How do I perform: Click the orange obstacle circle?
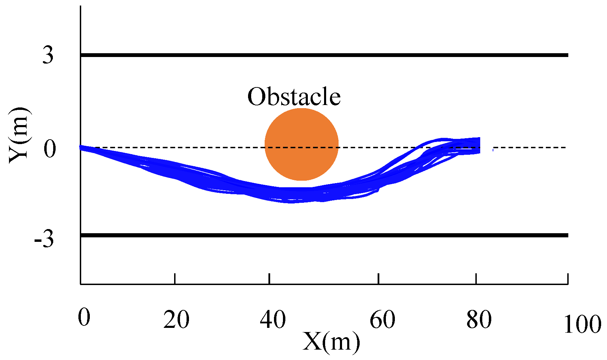point(301,144)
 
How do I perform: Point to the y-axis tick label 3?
point(48,55)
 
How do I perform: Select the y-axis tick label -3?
point(44,239)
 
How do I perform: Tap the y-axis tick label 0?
point(49,149)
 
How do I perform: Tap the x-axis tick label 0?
point(84,317)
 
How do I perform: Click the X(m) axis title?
point(331,342)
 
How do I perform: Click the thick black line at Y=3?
point(324,55)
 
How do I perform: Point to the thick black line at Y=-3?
point(324,235)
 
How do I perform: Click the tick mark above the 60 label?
point(379,278)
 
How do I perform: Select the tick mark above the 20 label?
point(175,278)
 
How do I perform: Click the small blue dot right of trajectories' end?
point(493,150)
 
